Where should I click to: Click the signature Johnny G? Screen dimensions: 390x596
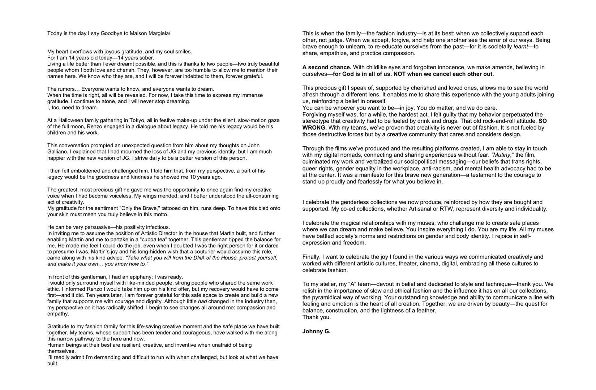tap(316, 331)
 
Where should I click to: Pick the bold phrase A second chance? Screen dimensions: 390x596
tap(327, 68)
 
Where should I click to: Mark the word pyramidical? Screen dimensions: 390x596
tap(330, 298)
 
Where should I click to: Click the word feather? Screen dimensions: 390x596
tap(426, 311)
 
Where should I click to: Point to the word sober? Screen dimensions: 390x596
tap(146, 58)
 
